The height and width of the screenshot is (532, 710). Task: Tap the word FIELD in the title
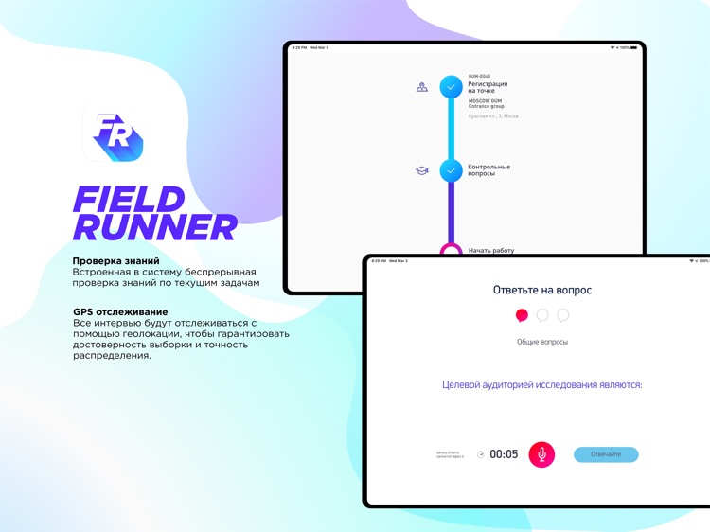[128, 200]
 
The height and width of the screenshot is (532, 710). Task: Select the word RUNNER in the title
[154, 228]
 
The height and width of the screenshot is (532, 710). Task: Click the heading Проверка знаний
[115, 260]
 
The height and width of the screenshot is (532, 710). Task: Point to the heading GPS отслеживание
[120, 311]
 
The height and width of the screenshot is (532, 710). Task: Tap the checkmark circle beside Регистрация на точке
[452, 87]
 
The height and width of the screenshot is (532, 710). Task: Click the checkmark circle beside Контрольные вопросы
[452, 170]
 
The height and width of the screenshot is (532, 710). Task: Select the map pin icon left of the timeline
[422, 87]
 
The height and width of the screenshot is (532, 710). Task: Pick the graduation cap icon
[422, 170]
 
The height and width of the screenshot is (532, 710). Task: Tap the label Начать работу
[490, 251]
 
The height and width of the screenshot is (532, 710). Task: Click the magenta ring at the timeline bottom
[452, 251]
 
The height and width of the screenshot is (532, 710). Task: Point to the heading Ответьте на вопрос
[541, 290]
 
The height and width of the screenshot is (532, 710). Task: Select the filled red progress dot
[522, 315]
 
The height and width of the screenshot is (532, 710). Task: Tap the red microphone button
[541, 454]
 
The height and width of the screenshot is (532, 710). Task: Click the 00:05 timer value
[504, 454]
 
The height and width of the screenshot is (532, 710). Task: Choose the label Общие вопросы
[541, 342]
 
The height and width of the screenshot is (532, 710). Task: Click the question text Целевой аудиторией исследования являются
[541, 385]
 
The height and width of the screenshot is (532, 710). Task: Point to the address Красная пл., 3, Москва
[493, 116]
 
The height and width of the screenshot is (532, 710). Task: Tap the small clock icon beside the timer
[481, 454]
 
